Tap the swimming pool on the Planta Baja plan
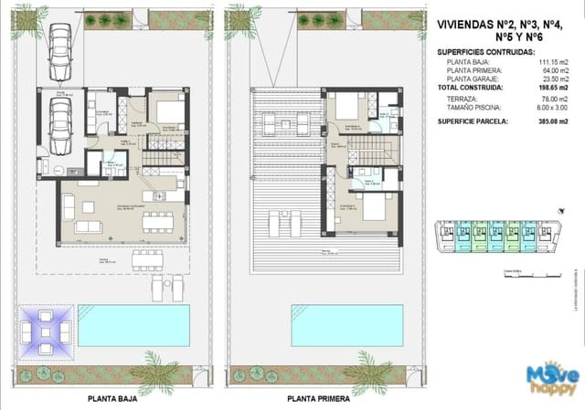pyautogui.click(x=133, y=323)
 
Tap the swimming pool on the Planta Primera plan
pyautogui.click(x=344, y=323)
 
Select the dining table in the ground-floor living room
pyautogui.click(x=156, y=220)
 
